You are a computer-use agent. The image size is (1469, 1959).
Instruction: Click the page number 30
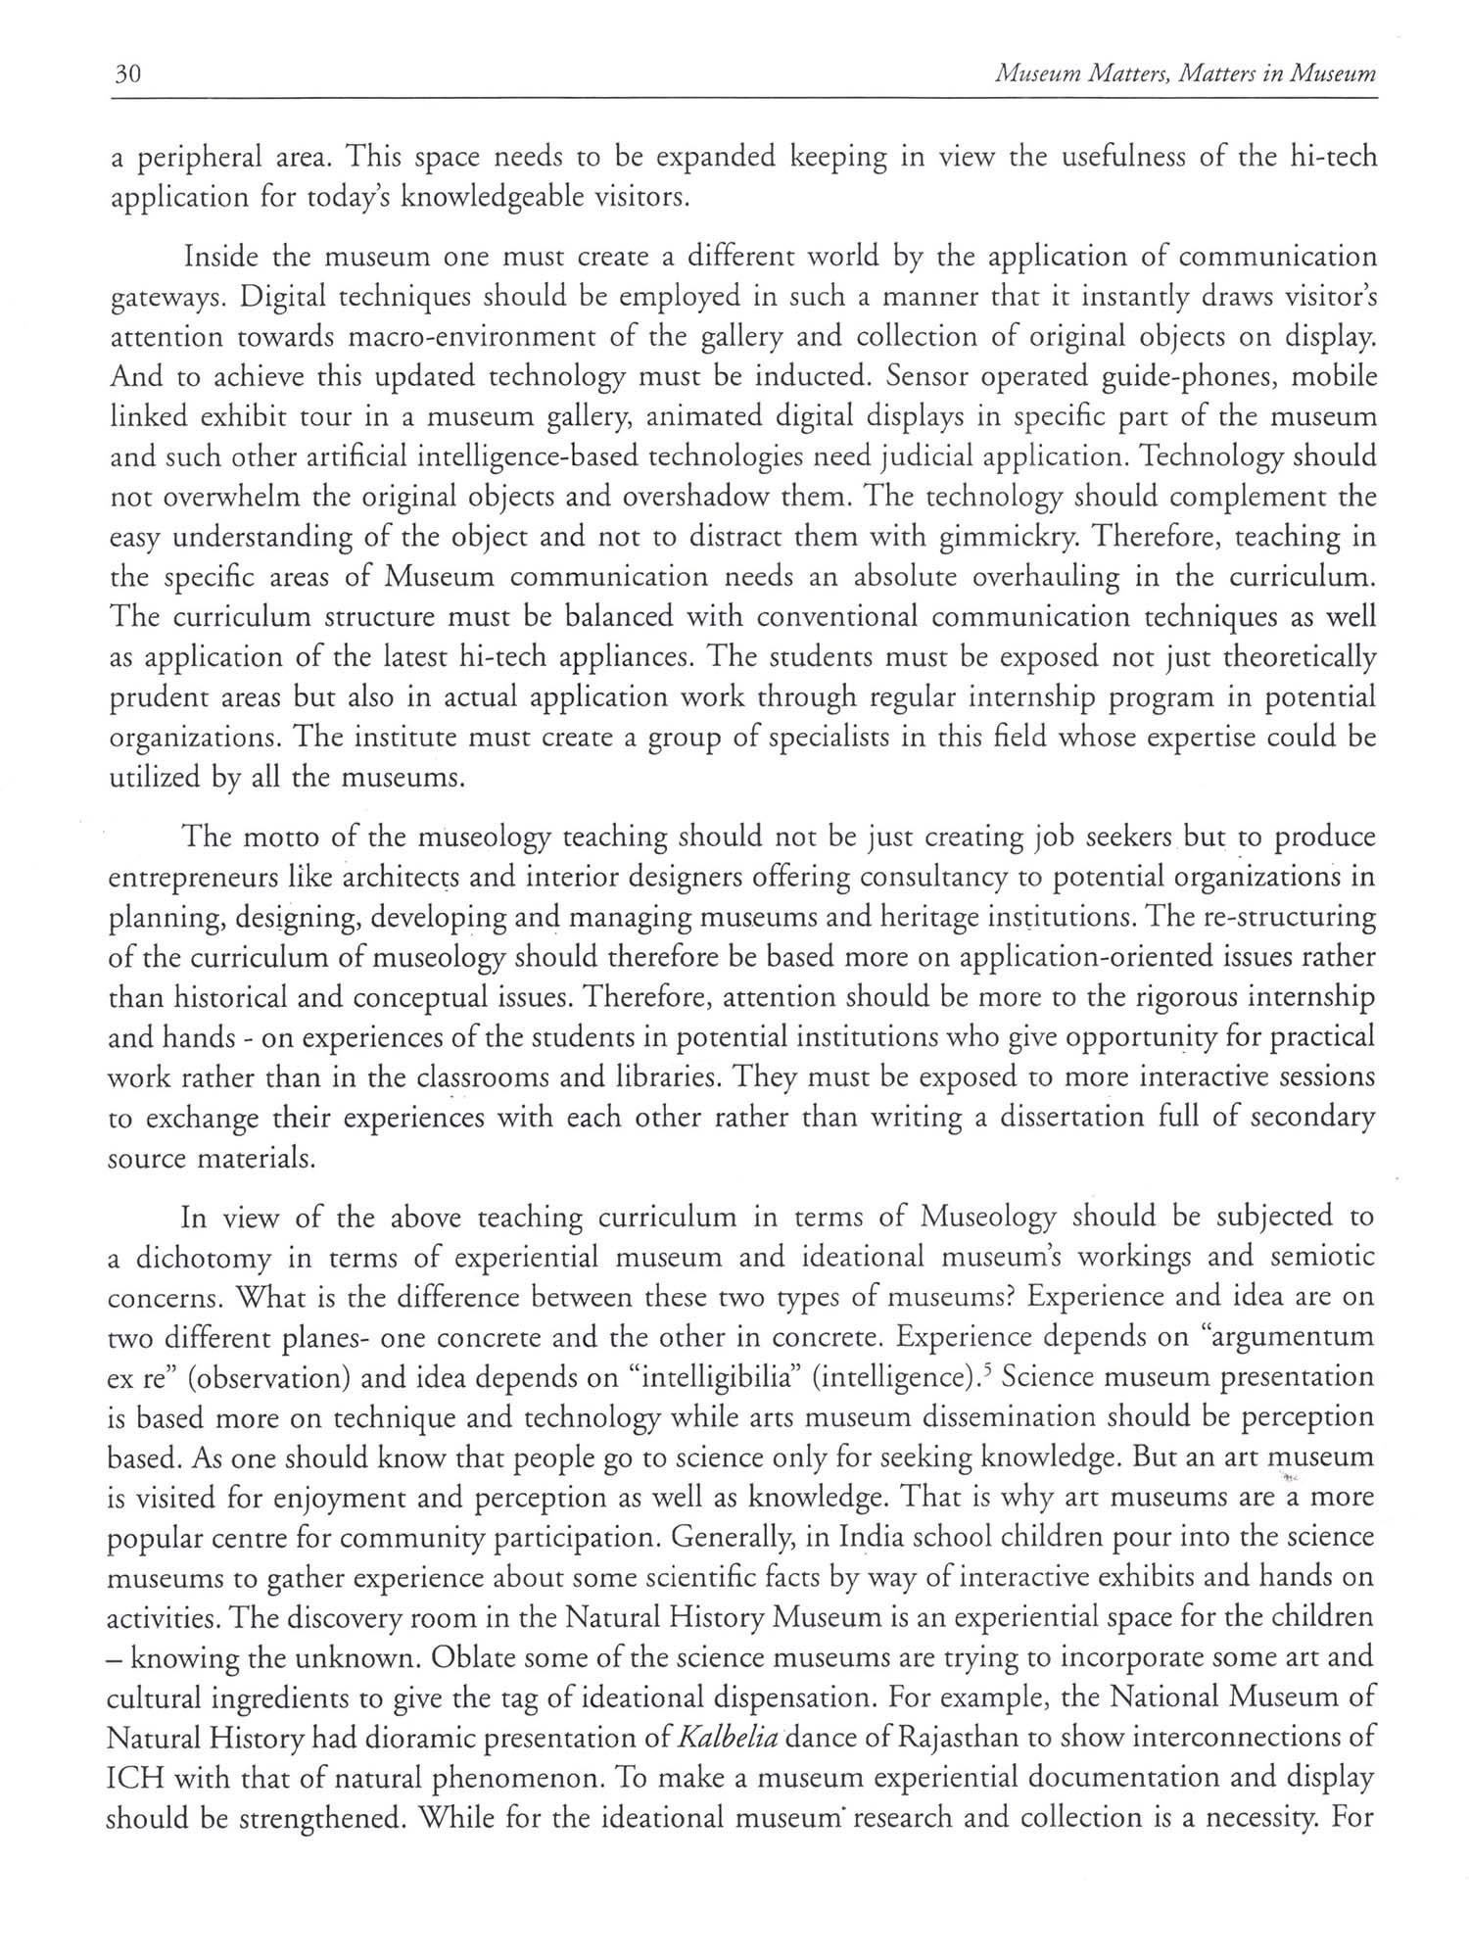[x=129, y=74]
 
